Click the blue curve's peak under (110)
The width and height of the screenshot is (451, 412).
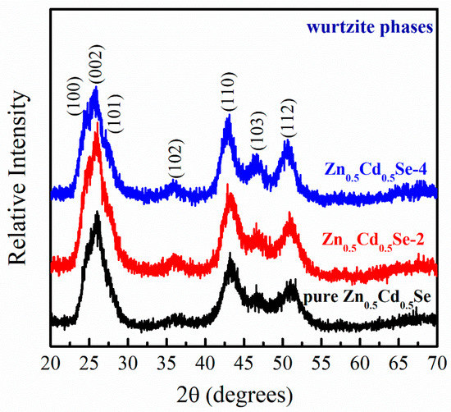coord(228,119)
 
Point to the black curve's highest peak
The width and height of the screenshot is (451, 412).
coord(98,215)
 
